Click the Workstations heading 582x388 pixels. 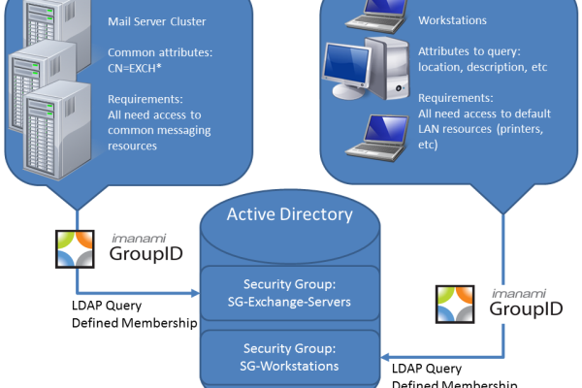(452, 20)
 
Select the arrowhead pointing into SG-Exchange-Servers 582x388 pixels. (197, 292)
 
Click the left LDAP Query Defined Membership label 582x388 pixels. (125, 314)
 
